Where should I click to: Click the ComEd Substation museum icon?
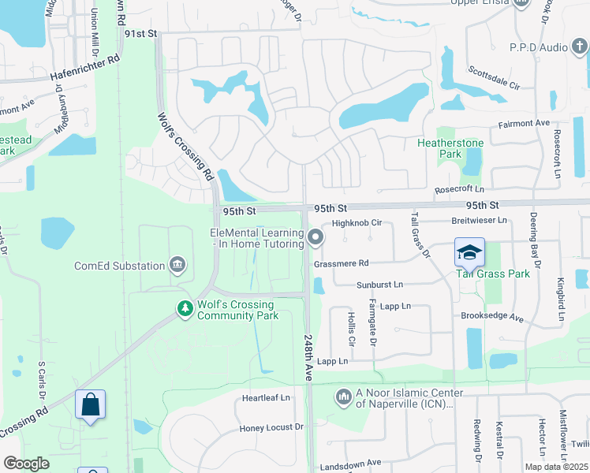(x=178, y=265)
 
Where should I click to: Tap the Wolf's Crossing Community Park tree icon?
(x=185, y=308)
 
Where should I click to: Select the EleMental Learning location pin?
(x=316, y=236)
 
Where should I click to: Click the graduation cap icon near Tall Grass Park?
(x=469, y=253)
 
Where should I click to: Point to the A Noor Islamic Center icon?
(x=343, y=396)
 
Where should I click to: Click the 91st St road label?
(x=141, y=35)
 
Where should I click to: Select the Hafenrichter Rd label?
(x=85, y=68)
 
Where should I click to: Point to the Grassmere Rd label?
(x=341, y=263)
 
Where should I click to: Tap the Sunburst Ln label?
(x=379, y=284)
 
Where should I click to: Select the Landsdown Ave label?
(x=351, y=463)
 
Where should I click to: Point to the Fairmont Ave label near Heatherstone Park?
(x=524, y=123)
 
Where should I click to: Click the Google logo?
(x=26, y=464)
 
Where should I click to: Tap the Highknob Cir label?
(x=357, y=223)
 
